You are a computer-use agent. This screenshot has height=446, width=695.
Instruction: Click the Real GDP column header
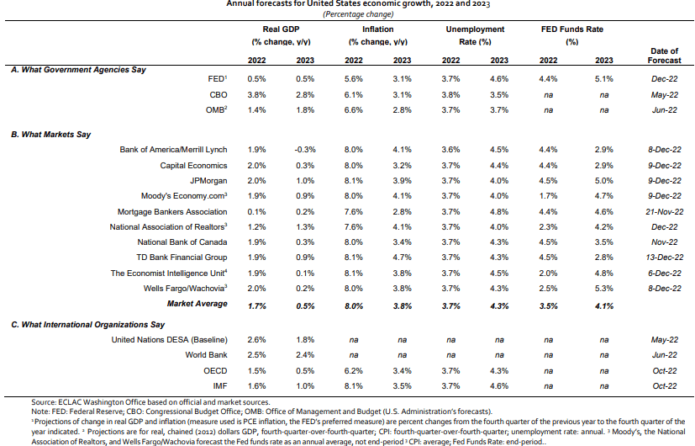[281, 29]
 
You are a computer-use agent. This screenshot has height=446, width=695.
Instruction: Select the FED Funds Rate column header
[571, 29]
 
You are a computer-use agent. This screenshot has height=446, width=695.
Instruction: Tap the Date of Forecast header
[664, 56]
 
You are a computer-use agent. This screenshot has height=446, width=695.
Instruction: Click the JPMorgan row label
[208, 181]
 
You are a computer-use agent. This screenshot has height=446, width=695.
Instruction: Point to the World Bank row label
[206, 355]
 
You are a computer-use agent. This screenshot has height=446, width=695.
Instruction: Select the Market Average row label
[197, 304]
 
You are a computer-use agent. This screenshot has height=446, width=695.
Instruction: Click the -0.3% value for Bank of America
[305, 150]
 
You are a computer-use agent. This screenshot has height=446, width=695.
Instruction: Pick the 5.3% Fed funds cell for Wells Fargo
[603, 289]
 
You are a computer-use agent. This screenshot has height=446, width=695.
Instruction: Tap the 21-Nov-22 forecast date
[664, 212]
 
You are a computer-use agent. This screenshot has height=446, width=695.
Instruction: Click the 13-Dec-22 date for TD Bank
[664, 258]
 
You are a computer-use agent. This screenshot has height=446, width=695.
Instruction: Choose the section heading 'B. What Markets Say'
[50, 135]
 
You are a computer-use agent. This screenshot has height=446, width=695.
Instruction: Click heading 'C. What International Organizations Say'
[87, 325]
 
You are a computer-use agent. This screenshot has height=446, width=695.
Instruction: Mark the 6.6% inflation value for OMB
[353, 110]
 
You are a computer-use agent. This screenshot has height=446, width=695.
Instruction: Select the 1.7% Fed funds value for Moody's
[548, 196]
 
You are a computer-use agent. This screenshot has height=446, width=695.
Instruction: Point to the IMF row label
[220, 386]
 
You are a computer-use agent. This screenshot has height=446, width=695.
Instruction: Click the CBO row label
[218, 95]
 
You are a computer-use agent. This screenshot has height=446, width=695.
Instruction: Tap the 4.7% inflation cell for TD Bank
[402, 258]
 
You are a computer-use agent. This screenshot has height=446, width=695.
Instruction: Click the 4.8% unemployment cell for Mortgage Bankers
[499, 212]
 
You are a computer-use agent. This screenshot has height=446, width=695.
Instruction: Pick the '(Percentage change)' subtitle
[358, 14]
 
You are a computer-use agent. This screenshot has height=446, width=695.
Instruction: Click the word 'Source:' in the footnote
[44, 402]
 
